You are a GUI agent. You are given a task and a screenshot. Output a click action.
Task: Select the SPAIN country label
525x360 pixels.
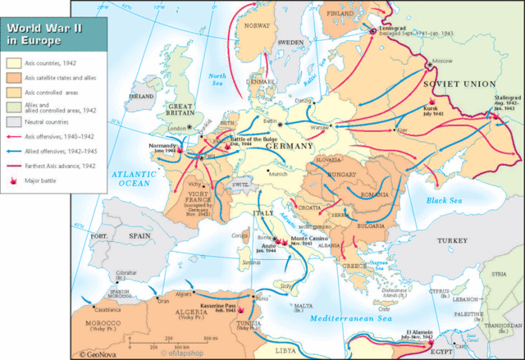(137, 235)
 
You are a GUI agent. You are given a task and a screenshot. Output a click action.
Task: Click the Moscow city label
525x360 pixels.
(442, 62)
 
